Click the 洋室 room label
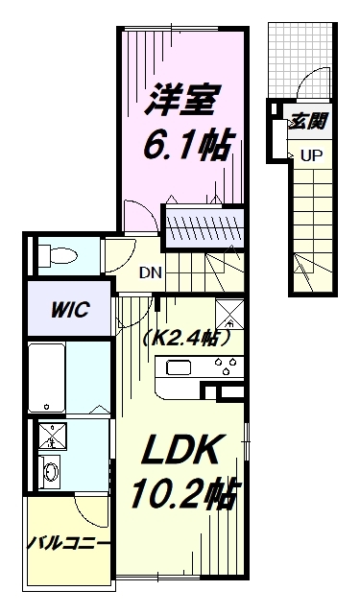(185, 98)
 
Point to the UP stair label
(311, 154)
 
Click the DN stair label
(151, 272)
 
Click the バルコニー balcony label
(66, 544)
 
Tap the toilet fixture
(60, 257)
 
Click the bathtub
(47, 377)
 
